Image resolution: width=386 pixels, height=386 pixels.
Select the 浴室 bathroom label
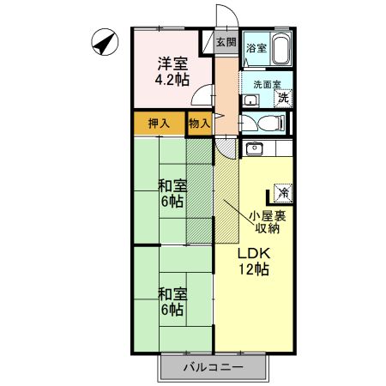click(256, 49)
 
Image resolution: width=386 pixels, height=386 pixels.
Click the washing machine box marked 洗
click(282, 97)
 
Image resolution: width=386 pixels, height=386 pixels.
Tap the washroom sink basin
click(250, 100)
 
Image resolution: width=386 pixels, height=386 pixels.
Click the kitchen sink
click(255, 150)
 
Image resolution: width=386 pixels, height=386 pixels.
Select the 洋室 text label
click(171, 64)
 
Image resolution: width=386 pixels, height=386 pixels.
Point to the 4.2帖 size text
click(171, 81)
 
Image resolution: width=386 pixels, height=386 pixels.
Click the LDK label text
click(254, 254)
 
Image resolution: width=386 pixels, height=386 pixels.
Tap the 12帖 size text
click(254, 270)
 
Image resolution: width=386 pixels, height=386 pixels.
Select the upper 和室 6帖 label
click(172, 193)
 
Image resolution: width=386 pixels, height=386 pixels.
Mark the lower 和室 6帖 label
click(172, 300)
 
